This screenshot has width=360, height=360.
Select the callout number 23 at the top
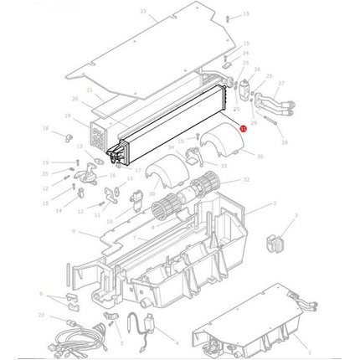(142, 12)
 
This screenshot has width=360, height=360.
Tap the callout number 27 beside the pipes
(281, 84)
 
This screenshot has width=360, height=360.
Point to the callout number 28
(285, 143)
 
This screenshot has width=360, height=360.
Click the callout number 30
(260, 157)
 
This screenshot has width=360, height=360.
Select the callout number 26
(257, 69)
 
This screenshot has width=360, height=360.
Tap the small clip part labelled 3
(272, 244)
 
